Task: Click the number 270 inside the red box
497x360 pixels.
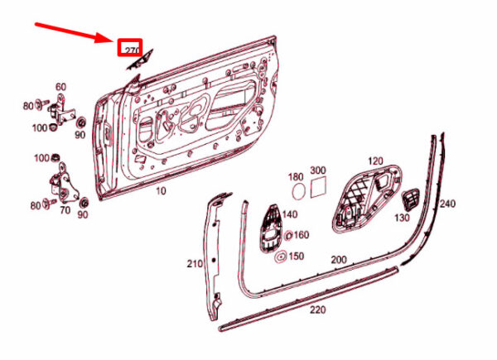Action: pos(130,50)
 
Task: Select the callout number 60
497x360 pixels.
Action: pos(60,87)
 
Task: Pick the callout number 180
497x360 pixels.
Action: pos(296,177)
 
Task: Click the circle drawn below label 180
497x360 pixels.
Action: pos(297,191)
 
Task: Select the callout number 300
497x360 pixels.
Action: pos(318,170)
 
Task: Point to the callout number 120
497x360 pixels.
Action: pos(375,160)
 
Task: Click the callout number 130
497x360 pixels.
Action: pos(401,218)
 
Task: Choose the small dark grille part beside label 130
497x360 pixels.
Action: pos(411,199)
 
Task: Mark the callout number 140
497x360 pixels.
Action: pos(289,214)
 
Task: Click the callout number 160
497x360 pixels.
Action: pos(302,235)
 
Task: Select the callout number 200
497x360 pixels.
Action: pos(338,260)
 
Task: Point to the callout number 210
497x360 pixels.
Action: pos(194,264)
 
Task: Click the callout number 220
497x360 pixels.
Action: pos(317,312)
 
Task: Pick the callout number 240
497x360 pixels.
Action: pos(446,204)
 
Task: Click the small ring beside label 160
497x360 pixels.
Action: pos(288,236)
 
